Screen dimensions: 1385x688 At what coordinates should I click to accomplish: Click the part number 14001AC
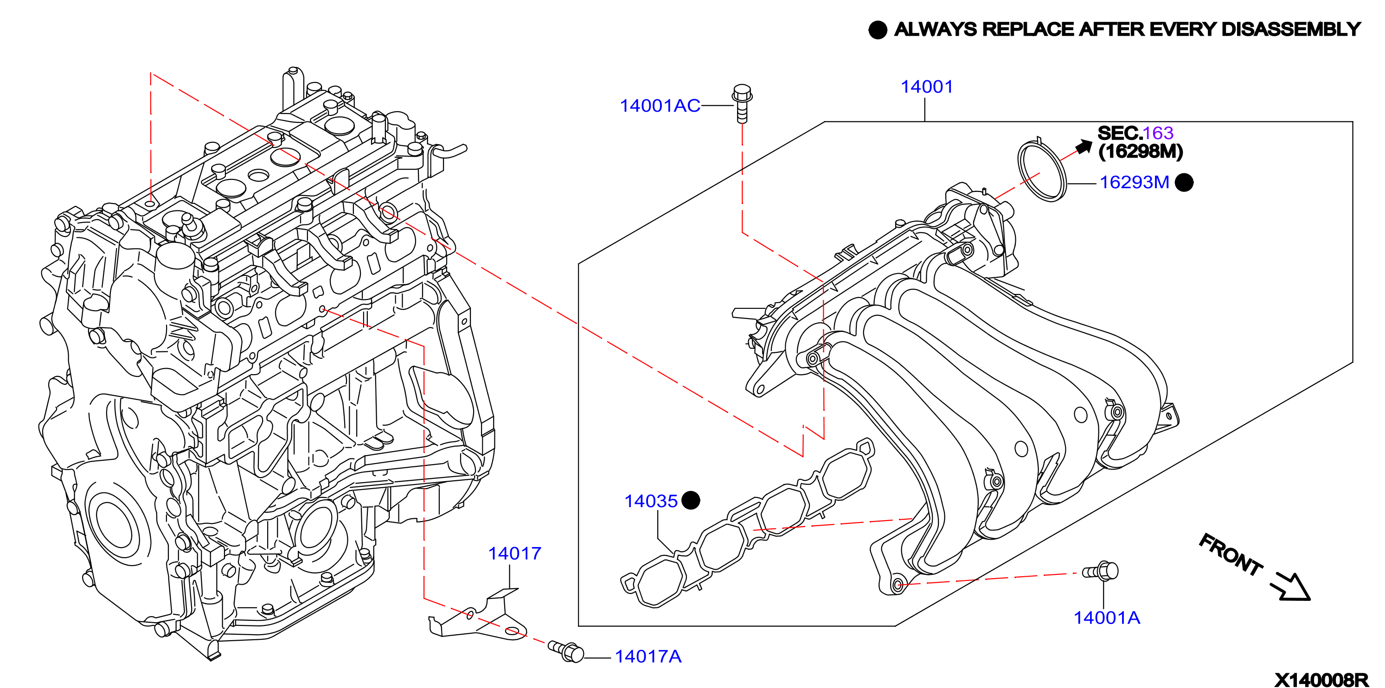[x=660, y=106]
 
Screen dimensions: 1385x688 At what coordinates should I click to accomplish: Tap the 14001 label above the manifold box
[x=927, y=87]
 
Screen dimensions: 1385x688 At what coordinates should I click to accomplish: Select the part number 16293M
[x=1135, y=182]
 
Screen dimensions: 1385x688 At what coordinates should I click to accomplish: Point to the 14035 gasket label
[x=651, y=501]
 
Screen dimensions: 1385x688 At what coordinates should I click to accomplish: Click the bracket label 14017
[x=514, y=553]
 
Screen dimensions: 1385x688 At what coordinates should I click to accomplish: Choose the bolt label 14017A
[x=648, y=656]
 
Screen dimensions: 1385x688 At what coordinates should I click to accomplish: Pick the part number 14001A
[x=1107, y=618]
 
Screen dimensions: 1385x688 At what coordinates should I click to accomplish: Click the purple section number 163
[x=1158, y=133]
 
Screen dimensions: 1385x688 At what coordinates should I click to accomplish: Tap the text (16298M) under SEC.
[x=1141, y=151]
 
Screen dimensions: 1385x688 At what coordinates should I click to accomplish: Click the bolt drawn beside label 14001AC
[x=742, y=103]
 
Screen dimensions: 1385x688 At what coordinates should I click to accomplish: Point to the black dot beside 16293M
[x=1184, y=183]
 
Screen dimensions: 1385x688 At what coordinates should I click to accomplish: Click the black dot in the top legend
[x=878, y=30]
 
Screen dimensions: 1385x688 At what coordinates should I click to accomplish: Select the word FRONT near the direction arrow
[x=1230, y=554]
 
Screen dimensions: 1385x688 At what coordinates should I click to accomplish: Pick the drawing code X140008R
[x=1321, y=680]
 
